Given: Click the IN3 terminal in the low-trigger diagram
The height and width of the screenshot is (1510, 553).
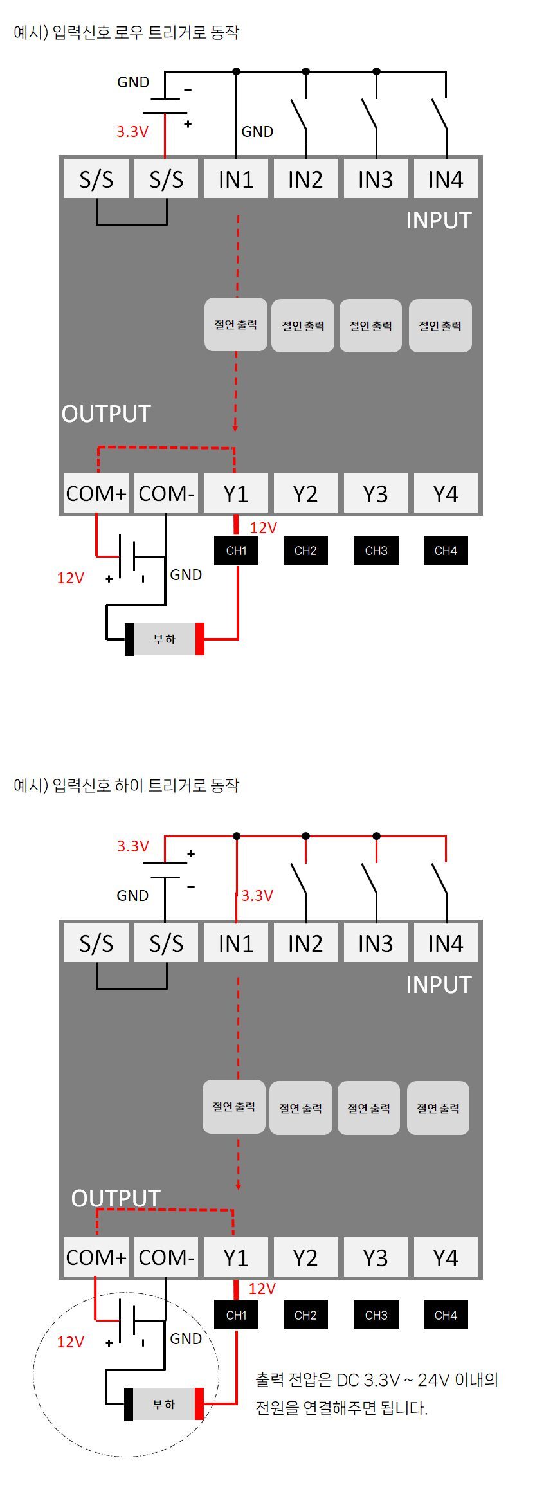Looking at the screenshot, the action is (376, 179).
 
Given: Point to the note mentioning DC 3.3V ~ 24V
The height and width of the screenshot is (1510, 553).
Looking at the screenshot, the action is (377, 1394).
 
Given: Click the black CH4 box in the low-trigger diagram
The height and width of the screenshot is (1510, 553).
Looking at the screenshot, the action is (446, 550).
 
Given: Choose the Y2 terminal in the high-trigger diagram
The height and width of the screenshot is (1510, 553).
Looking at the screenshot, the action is (305, 1257).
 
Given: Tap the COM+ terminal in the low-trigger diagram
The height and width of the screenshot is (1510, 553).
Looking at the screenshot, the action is (96, 493).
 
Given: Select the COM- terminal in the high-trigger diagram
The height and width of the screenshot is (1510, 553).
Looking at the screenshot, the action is (166, 1257).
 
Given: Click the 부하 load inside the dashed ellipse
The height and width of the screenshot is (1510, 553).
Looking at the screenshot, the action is (164, 1404).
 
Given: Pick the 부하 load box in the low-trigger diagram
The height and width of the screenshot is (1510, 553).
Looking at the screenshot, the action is (164, 639).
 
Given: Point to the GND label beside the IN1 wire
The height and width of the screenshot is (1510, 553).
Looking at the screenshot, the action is (257, 132).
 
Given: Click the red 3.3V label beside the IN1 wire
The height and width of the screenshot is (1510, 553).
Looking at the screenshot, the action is (257, 896).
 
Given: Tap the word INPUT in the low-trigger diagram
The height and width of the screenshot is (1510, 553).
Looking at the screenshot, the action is (439, 221).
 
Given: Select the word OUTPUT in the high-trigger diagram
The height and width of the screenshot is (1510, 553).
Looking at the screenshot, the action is (116, 1198).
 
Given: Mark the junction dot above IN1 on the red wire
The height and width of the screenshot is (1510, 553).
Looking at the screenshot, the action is (237, 836).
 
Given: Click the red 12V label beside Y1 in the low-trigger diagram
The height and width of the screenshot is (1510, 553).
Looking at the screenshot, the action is (263, 528).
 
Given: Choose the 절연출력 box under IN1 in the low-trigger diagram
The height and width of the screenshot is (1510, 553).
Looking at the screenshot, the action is (236, 324).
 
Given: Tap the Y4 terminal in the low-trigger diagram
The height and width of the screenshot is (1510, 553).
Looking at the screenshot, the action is (446, 493).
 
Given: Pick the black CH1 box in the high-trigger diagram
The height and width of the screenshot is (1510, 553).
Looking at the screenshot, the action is (236, 1314).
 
